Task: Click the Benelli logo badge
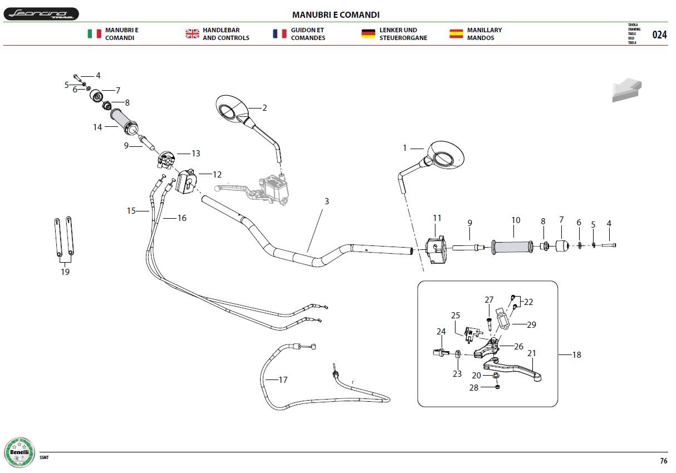tap(19, 452)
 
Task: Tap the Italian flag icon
tap(95, 33)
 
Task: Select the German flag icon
tap(368, 33)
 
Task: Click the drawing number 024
tap(659, 35)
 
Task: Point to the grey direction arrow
tap(626, 90)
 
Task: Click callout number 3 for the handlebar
tap(326, 201)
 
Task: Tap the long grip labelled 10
tap(512, 247)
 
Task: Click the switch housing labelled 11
tap(436, 250)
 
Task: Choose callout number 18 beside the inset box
tap(576, 355)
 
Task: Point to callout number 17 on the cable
tap(283, 380)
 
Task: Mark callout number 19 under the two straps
tap(65, 272)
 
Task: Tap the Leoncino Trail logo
tap(41, 14)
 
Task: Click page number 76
tap(663, 461)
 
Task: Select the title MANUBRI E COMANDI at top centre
tap(336, 15)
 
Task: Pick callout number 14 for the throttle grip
tap(97, 127)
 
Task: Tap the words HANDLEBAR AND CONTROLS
tap(226, 34)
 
